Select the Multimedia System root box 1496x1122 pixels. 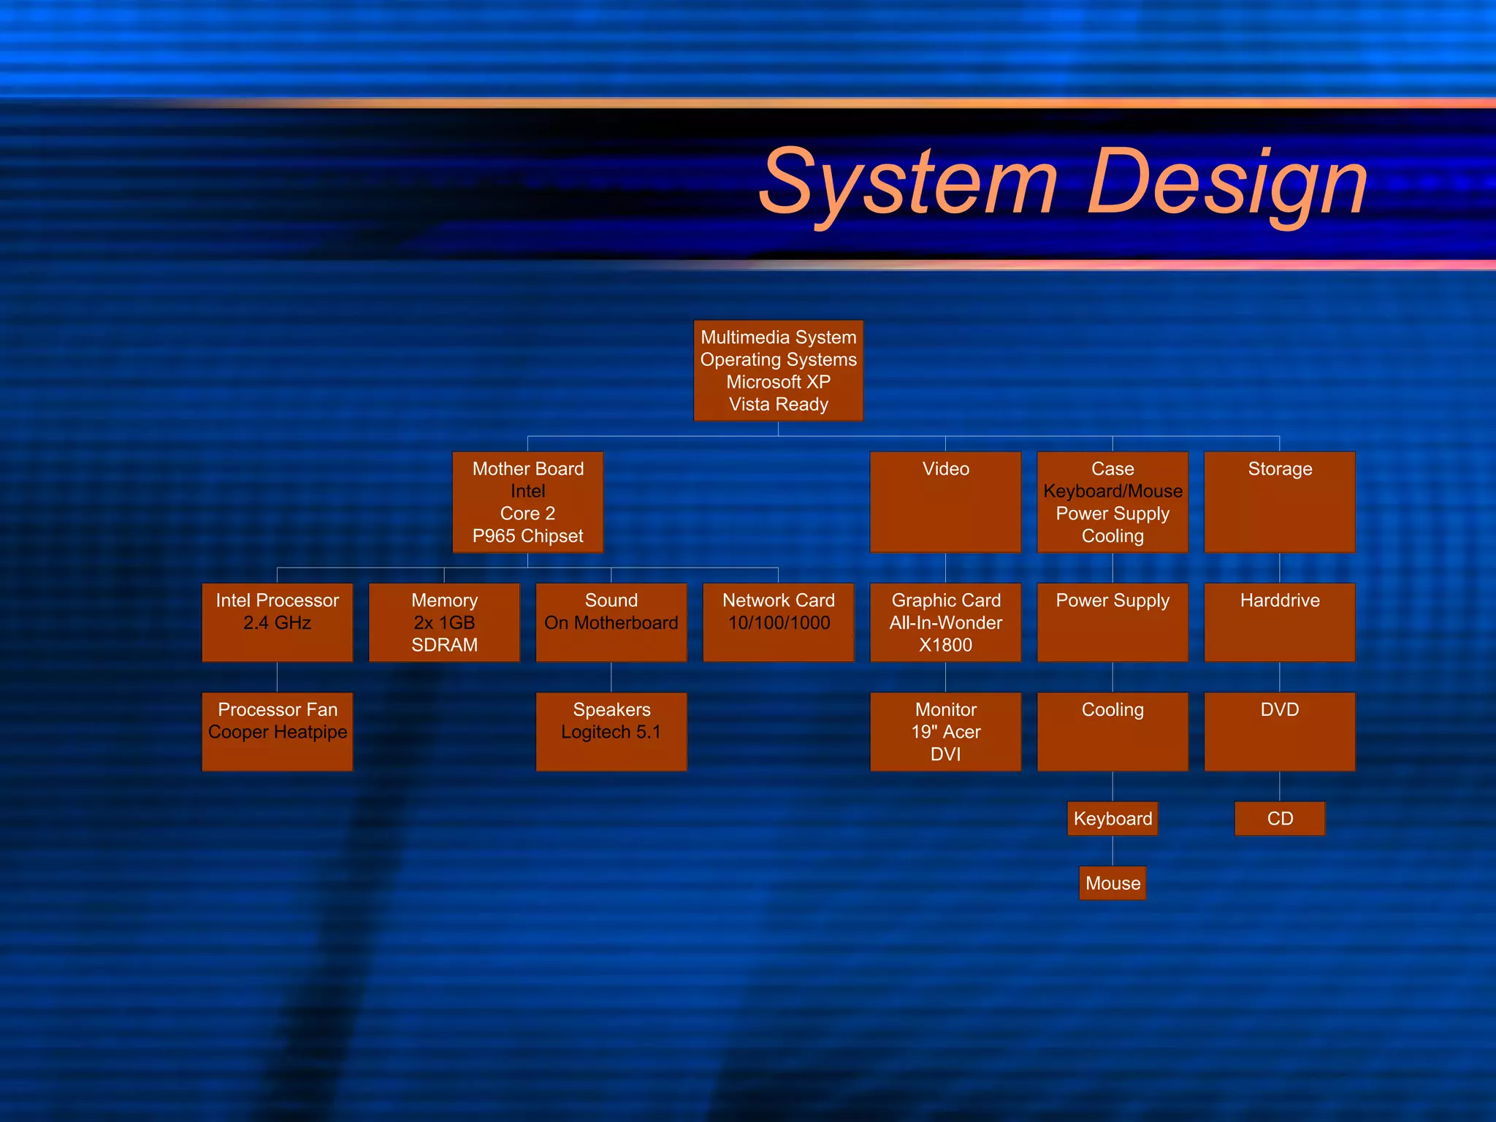click(x=778, y=370)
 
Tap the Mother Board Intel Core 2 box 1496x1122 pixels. click(x=527, y=502)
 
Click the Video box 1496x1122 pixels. click(x=945, y=502)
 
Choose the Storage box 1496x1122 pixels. click(x=1279, y=502)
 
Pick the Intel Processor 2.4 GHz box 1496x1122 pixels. click(x=277, y=622)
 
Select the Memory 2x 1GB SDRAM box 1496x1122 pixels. click(x=444, y=622)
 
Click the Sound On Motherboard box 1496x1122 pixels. click(x=611, y=622)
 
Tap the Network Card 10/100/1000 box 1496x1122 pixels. click(x=778, y=622)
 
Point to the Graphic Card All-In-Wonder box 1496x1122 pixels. click(x=945, y=622)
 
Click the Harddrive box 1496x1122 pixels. click(x=1279, y=622)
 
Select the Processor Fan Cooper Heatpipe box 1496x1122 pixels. click(x=277, y=731)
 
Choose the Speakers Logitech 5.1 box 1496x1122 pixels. click(x=611, y=731)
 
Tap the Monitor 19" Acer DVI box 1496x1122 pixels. click(x=945, y=731)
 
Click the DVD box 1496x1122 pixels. click(x=1279, y=731)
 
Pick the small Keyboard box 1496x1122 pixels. click(x=1113, y=818)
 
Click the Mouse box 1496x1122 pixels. click(x=1113, y=883)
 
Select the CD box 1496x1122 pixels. click(x=1279, y=818)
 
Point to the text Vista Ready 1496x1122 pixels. click(x=778, y=404)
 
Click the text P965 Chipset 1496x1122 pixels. click(x=527, y=536)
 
